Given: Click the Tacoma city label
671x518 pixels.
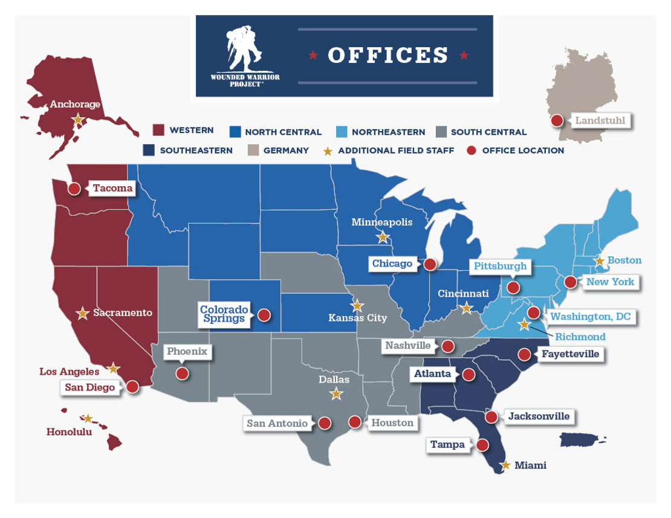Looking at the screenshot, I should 112,189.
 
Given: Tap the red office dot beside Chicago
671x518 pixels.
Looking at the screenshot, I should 430,264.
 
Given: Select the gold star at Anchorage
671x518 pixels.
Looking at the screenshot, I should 77,120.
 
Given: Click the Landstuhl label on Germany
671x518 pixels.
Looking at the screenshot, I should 600,120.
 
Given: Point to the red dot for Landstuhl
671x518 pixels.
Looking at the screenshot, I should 557,120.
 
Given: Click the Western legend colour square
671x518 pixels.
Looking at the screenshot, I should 158,131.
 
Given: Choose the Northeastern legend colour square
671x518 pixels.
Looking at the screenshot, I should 340,131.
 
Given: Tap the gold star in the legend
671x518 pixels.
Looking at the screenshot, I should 328,151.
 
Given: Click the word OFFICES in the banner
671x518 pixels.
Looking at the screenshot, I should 388,55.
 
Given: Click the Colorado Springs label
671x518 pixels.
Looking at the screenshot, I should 224,314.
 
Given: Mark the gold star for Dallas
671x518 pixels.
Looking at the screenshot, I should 336,394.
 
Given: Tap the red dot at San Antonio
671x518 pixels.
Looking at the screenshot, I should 325,423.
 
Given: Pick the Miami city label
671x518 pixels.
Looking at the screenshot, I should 530,465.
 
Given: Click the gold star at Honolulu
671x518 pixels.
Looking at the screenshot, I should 88,418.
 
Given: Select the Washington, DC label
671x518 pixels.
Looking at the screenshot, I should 589,317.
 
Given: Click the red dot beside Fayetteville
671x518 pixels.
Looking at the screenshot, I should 525,354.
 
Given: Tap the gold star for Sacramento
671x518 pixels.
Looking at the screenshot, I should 83,313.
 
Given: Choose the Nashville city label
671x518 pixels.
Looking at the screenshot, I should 409,346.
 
